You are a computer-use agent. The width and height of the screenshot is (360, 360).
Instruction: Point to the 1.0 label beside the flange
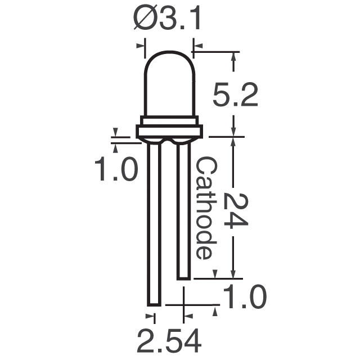pos(115,169)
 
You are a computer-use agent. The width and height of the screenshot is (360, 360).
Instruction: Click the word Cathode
pos(205,208)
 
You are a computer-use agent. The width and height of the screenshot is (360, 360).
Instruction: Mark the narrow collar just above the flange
pos(169,120)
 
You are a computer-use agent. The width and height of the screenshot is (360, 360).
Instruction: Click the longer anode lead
pos(155,225)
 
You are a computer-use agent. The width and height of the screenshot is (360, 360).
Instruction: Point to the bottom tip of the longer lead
pos(155,304)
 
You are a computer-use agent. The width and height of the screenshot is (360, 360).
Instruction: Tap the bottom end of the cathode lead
pos(183,277)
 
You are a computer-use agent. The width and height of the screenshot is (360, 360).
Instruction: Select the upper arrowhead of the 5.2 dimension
pos(235,57)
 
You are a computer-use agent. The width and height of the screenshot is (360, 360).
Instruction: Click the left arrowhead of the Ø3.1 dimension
pos(141,47)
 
